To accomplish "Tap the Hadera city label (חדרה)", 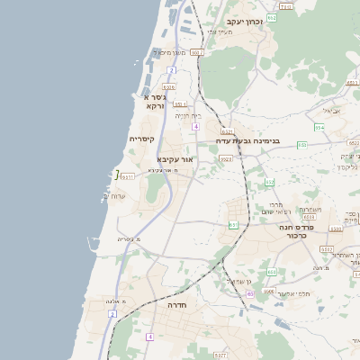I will [176, 305].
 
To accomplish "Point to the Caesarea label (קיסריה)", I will [142, 139].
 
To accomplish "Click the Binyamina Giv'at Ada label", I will [248, 140].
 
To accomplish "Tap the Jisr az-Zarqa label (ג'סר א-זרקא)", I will [153, 100].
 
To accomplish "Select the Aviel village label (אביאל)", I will [331, 111].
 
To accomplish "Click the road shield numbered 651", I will [234, 224].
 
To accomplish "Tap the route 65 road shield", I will [248, 292].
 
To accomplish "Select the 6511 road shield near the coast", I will [127, 176].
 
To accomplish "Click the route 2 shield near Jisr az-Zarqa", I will [171, 70].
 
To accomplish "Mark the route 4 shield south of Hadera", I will [150, 336].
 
